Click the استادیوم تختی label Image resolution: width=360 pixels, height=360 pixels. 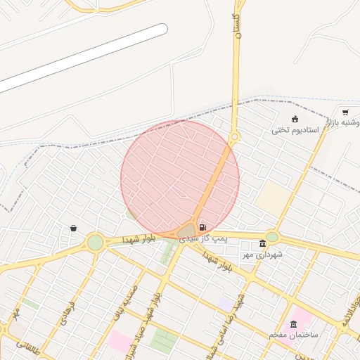[x=295, y=131]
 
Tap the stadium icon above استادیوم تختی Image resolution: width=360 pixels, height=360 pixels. [x=295, y=118]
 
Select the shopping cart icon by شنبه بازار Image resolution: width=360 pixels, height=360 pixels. [x=345, y=112]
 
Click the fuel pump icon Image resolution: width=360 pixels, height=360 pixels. [x=202, y=227]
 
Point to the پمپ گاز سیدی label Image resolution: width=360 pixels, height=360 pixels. [x=204, y=239]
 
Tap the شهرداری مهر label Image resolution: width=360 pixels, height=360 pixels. [x=262, y=254]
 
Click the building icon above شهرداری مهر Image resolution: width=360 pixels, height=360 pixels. [x=262, y=243]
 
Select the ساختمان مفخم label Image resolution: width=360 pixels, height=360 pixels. [x=293, y=335]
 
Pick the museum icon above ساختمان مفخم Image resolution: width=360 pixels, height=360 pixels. [x=293, y=323]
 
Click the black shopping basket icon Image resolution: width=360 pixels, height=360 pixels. [x=74, y=229]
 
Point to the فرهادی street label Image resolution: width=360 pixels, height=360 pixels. [x=67, y=314]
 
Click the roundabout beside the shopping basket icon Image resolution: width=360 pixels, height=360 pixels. [x=96, y=243]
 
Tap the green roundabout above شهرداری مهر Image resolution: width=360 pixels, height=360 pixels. [x=272, y=237]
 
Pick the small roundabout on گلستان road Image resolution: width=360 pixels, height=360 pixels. [x=234, y=136]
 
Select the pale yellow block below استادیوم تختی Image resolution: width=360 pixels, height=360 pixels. [x=274, y=198]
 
